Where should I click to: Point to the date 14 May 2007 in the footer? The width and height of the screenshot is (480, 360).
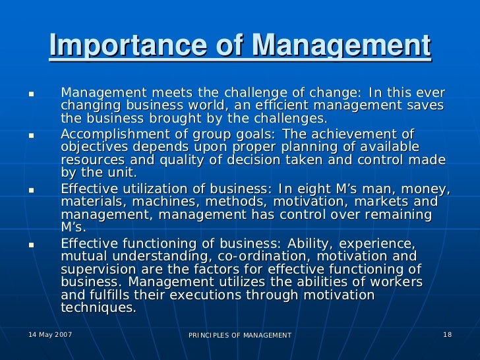(51, 335)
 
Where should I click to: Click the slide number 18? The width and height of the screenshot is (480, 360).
(447, 335)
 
